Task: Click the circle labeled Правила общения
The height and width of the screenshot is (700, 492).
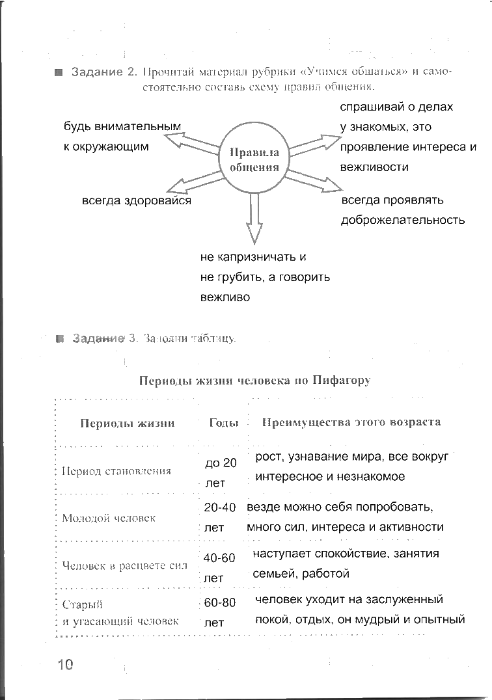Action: pyautogui.click(x=254, y=159)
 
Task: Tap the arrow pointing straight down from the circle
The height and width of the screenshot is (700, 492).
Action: pyautogui.click(x=254, y=218)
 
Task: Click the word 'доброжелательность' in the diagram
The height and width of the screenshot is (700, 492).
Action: pyautogui.click(x=403, y=220)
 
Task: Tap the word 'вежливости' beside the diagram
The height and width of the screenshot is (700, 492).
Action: pyautogui.click(x=374, y=167)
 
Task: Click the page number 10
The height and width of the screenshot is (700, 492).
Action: pyautogui.click(x=66, y=664)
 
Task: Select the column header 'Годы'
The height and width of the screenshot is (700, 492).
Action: pyautogui.click(x=224, y=422)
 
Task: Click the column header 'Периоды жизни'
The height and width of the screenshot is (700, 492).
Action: pyautogui.click(x=128, y=423)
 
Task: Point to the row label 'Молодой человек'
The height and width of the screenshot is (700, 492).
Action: pyautogui.click(x=109, y=518)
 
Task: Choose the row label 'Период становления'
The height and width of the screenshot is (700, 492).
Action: pyautogui.click(x=116, y=471)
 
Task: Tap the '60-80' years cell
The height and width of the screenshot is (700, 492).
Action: pyautogui.click(x=219, y=603)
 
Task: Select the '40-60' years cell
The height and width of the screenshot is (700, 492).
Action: pyautogui.click(x=219, y=558)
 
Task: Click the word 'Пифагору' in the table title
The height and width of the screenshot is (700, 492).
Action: pyautogui.click(x=341, y=381)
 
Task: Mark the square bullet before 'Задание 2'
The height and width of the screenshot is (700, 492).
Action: pyautogui.click(x=58, y=72)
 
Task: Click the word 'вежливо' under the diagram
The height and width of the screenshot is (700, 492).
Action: pyautogui.click(x=225, y=297)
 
